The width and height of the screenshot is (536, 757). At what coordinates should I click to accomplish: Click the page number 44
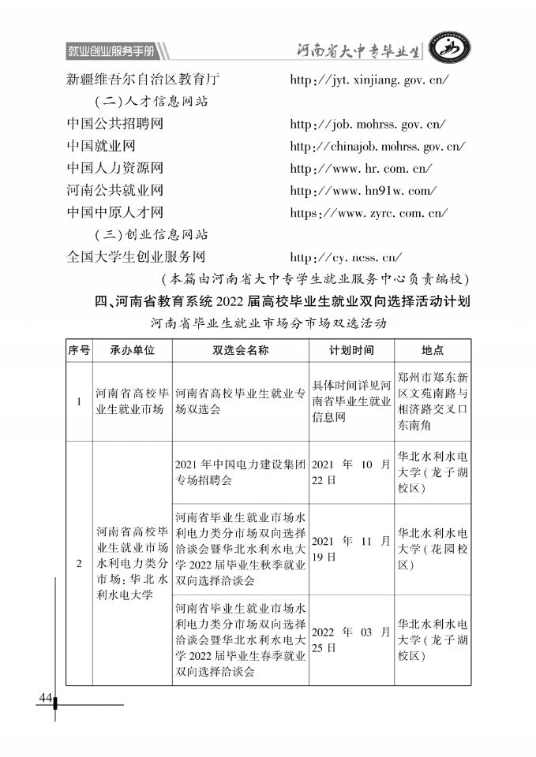tap(43, 698)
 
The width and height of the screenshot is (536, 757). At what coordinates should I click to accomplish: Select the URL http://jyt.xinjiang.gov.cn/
tap(369, 80)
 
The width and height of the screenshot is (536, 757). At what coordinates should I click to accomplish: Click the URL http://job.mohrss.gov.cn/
tap(368, 125)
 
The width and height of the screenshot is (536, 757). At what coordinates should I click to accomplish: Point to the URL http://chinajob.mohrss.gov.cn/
tap(377, 147)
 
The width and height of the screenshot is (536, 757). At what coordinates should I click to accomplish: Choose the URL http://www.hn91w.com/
tap(363, 190)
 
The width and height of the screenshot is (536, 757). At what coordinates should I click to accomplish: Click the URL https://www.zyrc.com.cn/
tap(369, 212)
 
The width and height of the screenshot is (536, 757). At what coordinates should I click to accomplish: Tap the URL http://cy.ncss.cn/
tap(347, 256)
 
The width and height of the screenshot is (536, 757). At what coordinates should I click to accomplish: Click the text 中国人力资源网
tap(115, 168)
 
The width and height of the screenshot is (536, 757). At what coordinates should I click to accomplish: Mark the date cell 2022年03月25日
tap(351, 640)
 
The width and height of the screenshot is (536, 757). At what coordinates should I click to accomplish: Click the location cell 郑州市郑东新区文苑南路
tap(433, 401)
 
